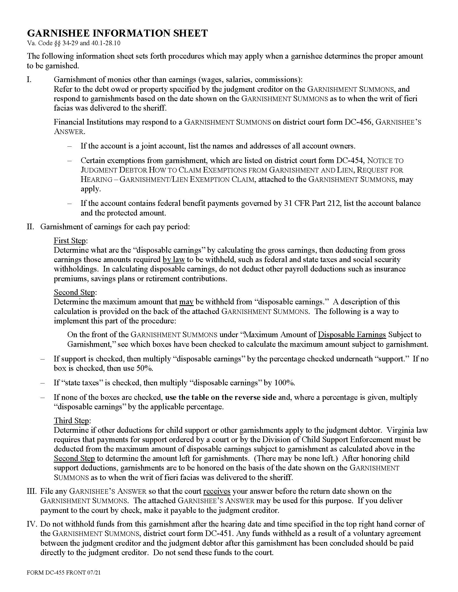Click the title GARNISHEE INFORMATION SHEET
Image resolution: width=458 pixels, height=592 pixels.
pos(117,33)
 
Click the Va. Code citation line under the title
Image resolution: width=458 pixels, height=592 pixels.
pos(74,43)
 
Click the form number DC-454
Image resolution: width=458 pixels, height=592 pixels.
pos(349,161)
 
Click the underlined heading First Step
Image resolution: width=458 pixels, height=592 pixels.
pos(70,241)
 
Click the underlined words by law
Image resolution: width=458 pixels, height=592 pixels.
pos(174,260)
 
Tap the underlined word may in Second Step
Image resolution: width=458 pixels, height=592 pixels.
pos(186,302)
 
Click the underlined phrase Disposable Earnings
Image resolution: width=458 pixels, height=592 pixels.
pos(352,335)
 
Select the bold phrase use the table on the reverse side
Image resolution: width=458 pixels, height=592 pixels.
pos(221,397)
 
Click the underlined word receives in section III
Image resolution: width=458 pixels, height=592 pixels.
pos(217,491)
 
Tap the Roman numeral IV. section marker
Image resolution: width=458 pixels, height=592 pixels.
pos(32,524)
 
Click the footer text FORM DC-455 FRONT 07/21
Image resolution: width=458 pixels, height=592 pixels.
pos(64,572)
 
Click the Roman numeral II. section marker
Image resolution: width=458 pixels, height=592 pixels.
pos(30,227)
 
